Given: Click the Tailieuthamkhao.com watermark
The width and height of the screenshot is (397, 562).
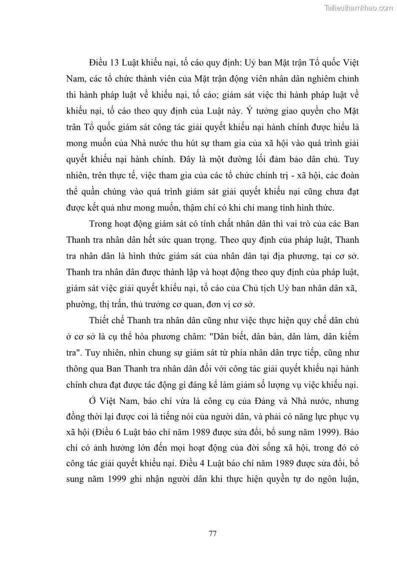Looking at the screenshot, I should click(x=358, y=8).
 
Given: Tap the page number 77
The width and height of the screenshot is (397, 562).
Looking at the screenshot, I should click(x=212, y=533).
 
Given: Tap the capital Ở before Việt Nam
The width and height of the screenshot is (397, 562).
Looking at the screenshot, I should click(x=93, y=402).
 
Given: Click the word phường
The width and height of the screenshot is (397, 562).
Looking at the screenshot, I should click(x=80, y=304).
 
